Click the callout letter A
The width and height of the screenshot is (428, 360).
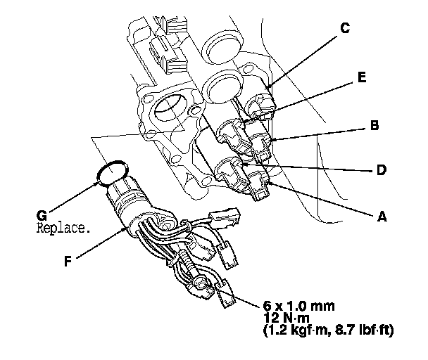pyautogui.click(x=382, y=218)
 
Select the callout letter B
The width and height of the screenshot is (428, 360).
pyautogui.click(x=375, y=127)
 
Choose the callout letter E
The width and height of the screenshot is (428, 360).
pyautogui.click(x=361, y=78)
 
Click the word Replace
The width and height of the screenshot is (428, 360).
pyautogui.click(x=63, y=229)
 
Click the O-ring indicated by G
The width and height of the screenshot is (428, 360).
pyautogui.click(x=113, y=172)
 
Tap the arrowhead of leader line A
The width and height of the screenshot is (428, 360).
pyautogui.click(x=268, y=184)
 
